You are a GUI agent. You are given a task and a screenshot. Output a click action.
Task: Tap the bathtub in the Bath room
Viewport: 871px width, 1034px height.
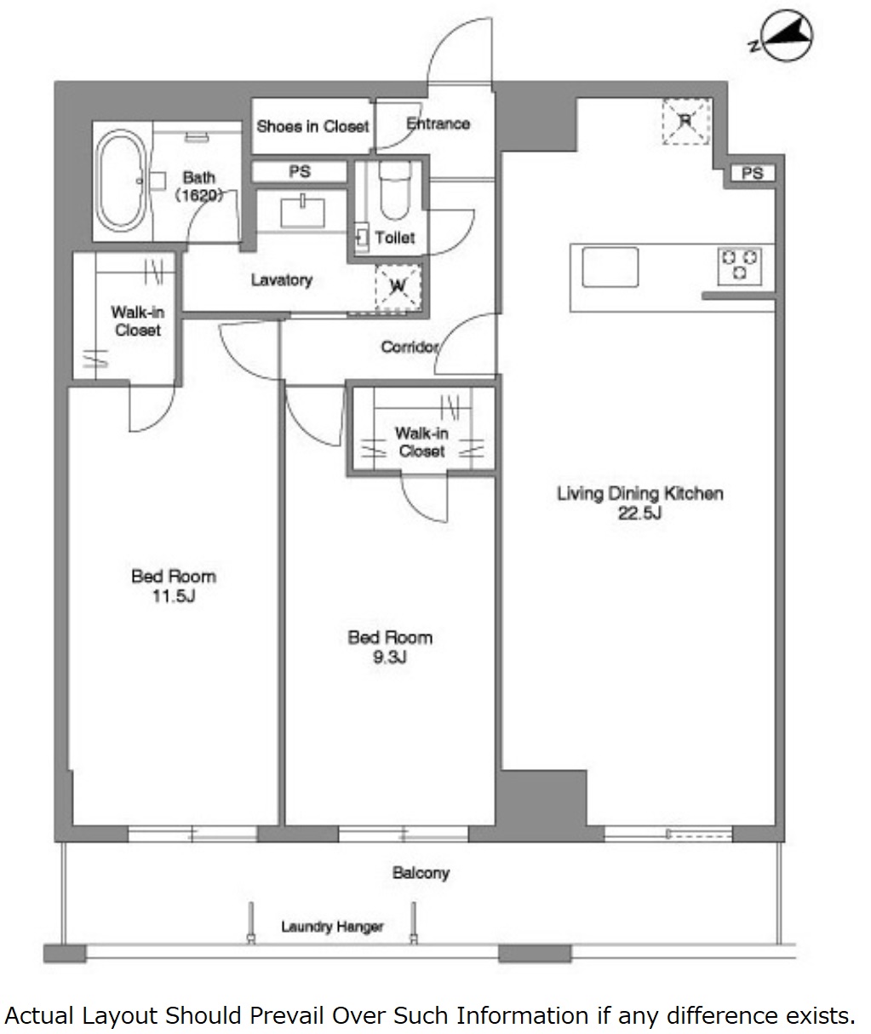[120, 181]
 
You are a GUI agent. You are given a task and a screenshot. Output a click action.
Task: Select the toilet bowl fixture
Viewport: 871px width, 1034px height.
[395, 191]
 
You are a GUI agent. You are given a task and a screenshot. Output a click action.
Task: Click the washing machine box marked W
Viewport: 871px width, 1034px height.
[398, 287]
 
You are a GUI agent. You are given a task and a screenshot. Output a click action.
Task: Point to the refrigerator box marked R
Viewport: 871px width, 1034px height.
[686, 121]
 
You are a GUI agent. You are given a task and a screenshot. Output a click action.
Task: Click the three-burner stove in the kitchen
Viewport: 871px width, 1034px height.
[740, 267]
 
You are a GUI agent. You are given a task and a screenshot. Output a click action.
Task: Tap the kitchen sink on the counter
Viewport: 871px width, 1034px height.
[610, 267]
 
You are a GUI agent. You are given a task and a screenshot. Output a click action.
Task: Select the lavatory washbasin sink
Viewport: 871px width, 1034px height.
[303, 212]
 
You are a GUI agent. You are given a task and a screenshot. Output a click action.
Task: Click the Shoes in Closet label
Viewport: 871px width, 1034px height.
[312, 127]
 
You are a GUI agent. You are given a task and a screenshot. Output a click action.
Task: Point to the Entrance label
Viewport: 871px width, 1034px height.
[438, 124]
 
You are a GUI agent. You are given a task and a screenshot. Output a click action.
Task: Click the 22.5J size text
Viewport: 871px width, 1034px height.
[639, 514]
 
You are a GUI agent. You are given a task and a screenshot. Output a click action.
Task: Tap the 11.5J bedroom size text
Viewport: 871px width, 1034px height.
[174, 596]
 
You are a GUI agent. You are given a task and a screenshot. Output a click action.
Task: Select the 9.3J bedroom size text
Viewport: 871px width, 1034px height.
[390, 658]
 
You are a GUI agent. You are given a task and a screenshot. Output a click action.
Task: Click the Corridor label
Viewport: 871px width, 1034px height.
[410, 348]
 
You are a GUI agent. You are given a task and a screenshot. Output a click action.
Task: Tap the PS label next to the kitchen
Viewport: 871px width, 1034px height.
[752, 173]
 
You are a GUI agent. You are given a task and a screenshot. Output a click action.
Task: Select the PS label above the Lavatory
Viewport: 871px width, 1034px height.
[300, 172]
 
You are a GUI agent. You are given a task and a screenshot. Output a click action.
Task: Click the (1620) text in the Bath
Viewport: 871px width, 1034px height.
[198, 196]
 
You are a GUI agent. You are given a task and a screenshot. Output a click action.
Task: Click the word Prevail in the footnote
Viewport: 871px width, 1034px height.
[287, 1015]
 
